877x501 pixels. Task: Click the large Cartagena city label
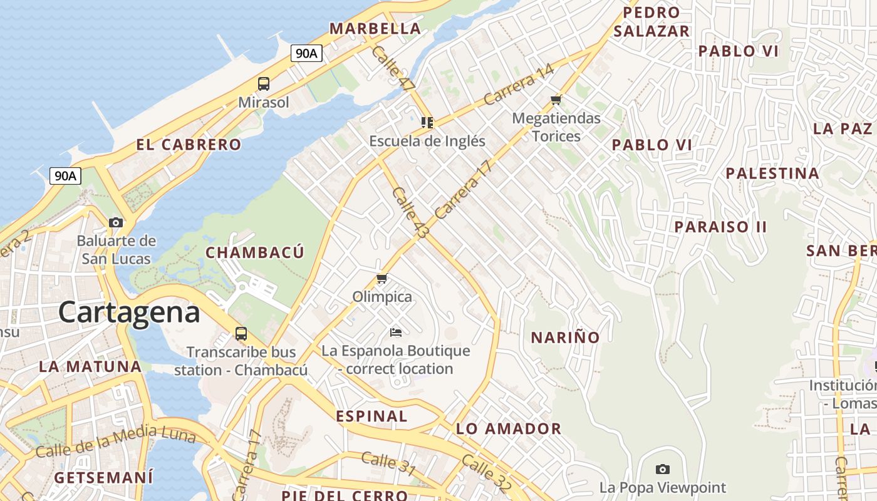point(129,312)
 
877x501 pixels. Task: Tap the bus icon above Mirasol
point(264,84)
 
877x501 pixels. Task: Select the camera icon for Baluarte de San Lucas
point(116,222)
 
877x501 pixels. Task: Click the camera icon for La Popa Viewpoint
point(663,469)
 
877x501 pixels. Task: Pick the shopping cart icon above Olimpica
point(381,279)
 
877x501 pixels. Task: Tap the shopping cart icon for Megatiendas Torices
point(556,100)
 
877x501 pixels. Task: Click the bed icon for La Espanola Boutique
point(395,332)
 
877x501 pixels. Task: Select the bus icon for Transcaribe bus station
point(241,333)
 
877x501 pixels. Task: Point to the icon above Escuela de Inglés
point(427,123)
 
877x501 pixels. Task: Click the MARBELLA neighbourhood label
point(375,29)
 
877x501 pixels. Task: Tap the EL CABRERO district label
point(189,145)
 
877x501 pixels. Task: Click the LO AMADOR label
point(509,429)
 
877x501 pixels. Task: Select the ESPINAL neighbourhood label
point(371,416)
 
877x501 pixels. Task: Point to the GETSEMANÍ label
point(103,478)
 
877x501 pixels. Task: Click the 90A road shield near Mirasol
point(306,53)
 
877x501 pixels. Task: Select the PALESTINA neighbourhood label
point(772,173)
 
